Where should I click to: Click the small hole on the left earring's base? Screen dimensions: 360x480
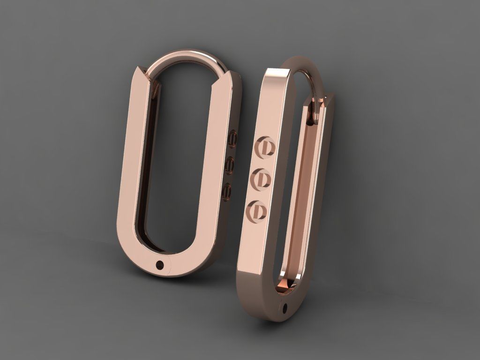tap(160, 265)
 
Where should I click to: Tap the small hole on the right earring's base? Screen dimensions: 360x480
tap(285, 308)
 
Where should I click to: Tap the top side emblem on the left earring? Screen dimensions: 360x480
tap(232, 139)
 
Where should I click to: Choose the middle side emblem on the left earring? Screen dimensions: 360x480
tap(230, 165)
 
